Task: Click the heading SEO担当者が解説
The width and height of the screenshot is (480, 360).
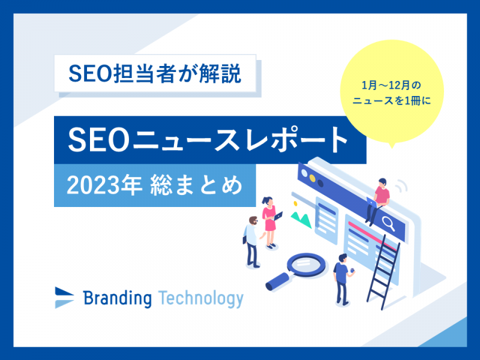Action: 155,74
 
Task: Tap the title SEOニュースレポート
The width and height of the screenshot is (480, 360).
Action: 208,140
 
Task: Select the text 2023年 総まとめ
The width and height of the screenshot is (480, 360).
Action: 155,185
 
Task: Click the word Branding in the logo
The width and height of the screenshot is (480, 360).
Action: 117,298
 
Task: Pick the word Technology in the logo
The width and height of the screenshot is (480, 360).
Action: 201,298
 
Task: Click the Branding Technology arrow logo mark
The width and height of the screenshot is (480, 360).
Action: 64,297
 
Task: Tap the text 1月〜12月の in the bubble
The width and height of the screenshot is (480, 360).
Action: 391,85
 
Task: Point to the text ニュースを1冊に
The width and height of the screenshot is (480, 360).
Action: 392,100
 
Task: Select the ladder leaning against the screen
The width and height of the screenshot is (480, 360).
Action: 383,272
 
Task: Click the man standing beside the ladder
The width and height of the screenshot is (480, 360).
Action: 343,279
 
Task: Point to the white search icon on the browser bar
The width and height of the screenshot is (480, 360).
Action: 388,223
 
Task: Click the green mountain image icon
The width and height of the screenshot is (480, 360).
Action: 301,219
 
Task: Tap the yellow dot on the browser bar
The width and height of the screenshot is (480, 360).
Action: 312,178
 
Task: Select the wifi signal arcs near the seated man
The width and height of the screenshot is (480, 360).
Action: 401,185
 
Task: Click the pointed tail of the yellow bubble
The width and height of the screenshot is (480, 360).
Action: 392,146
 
